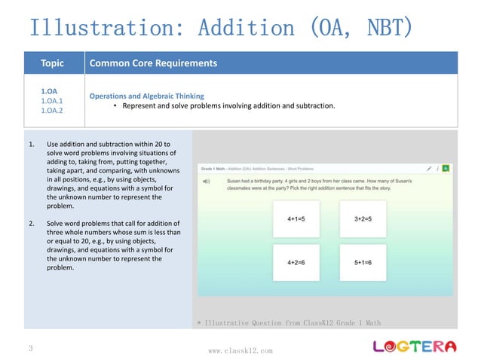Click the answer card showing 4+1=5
coord(296,219)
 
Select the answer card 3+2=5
coord(363,219)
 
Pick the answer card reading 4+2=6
coord(296,263)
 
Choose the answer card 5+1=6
coord(363,263)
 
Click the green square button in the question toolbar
coord(446,168)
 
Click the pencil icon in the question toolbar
coord(428,168)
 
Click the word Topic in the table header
coord(52,63)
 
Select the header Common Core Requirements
coord(153,63)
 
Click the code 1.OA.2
coord(51,111)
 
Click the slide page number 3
coord(29,349)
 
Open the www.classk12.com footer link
coord(240,351)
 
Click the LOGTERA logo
coord(415,346)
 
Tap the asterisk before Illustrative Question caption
coord(198,323)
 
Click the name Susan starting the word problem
coord(236,182)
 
